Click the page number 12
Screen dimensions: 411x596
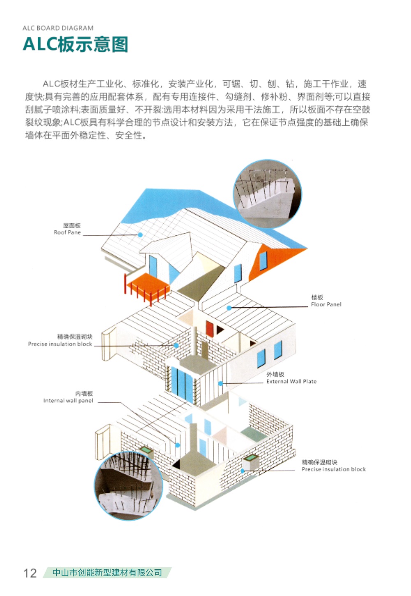(30, 573)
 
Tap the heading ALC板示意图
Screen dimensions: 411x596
(76, 44)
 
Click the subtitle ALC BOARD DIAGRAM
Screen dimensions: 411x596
(58, 28)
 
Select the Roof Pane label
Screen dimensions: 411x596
(67, 232)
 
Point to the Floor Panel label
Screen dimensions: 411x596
(326, 304)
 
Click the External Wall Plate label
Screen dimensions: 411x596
(291, 381)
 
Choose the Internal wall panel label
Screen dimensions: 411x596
(68, 401)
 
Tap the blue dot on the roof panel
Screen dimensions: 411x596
(140, 235)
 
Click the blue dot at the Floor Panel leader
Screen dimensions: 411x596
(229, 308)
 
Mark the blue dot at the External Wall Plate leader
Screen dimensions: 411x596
(220, 383)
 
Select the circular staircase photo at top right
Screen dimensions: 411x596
(268, 194)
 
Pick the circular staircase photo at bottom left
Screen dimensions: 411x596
(128, 486)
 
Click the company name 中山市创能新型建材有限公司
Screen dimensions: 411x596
(107, 573)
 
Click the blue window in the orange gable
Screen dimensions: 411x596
(263, 260)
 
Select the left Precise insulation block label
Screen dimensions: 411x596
(60, 344)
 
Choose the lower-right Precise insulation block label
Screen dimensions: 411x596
(334, 469)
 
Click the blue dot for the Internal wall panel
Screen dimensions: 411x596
(178, 445)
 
